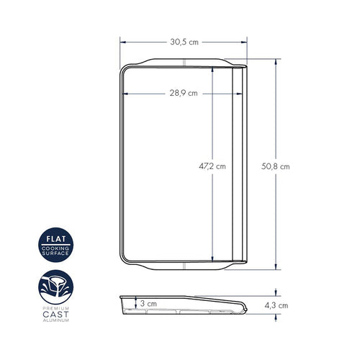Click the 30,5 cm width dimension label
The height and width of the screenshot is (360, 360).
(184, 42)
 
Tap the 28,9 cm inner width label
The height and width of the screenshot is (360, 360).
(184, 93)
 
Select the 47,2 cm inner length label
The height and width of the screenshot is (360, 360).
(212, 166)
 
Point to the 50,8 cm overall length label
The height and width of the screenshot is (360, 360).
(275, 166)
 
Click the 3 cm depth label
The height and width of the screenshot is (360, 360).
(148, 304)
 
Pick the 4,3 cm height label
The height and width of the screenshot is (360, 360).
(276, 305)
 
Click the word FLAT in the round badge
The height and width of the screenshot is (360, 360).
(56, 239)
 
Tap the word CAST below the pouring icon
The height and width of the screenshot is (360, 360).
(55, 314)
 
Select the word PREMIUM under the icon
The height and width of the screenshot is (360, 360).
(56, 308)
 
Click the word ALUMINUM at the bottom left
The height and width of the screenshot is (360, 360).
(56, 320)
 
